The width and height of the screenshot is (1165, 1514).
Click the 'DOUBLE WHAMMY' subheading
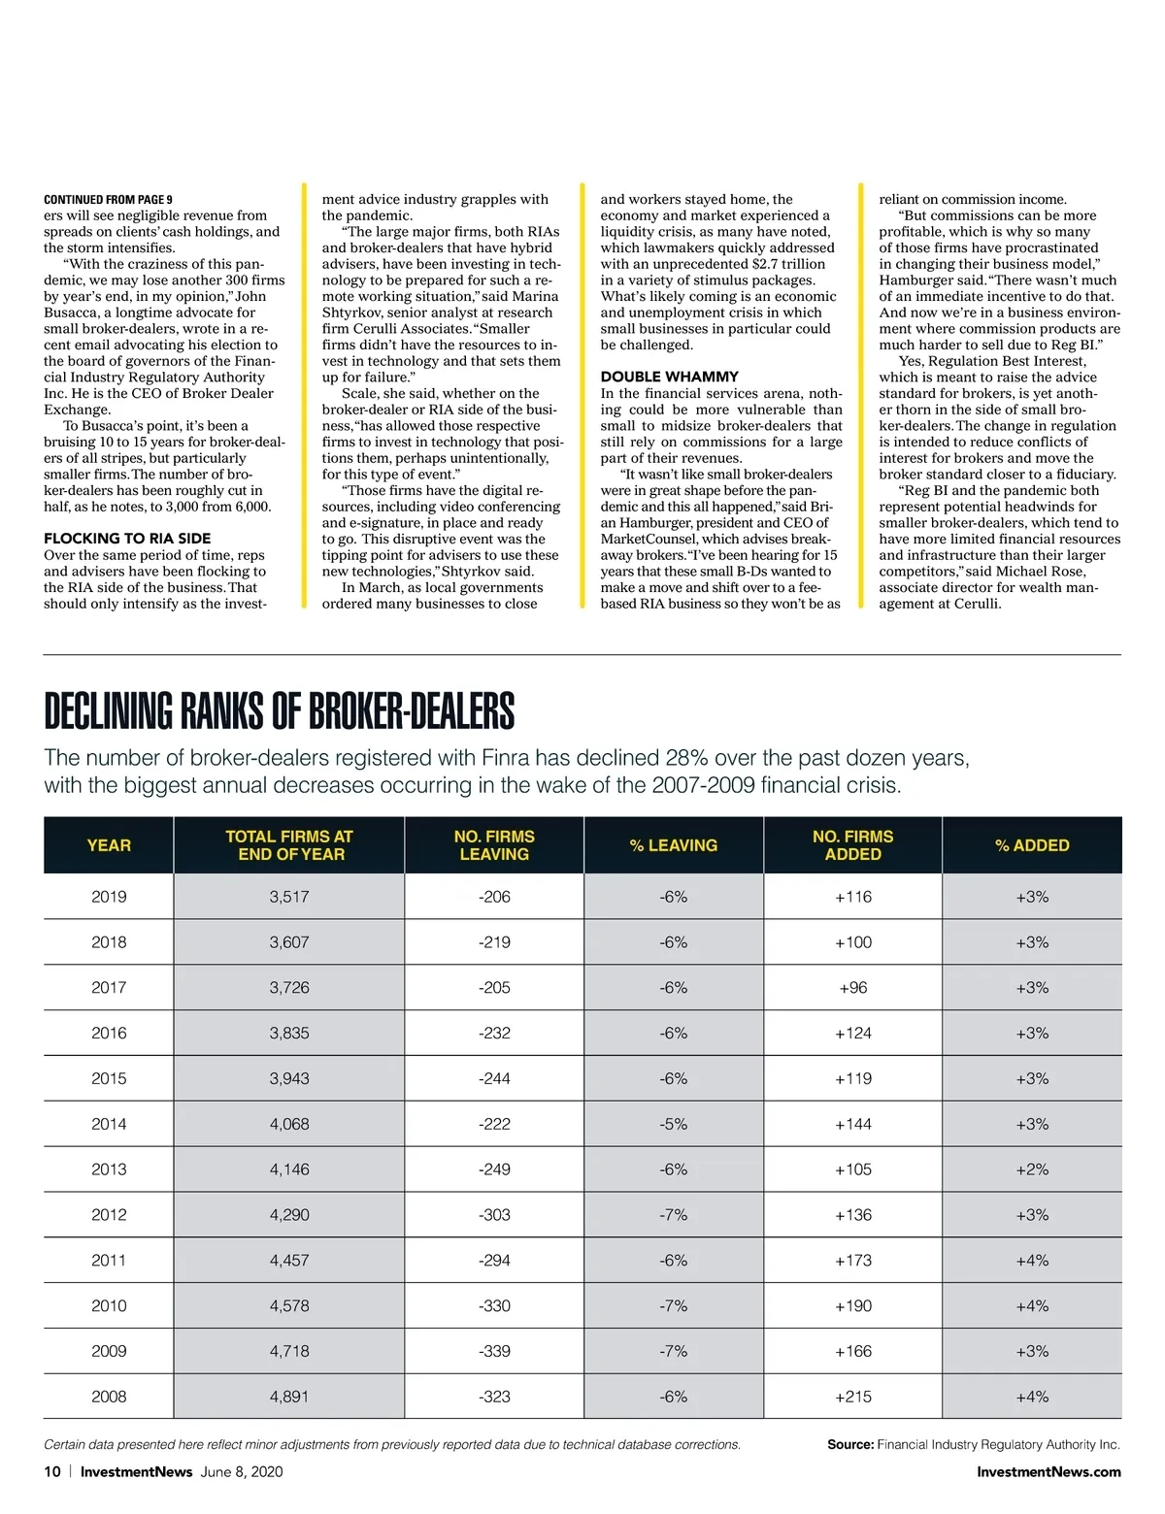pyautogui.click(x=669, y=377)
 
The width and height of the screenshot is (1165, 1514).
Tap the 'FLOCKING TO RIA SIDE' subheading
pyautogui.click(x=127, y=539)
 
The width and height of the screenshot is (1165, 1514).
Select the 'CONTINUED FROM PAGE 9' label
pyautogui.click(x=108, y=200)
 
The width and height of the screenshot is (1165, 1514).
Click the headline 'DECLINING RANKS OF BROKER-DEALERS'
pyautogui.click(x=280, y=712)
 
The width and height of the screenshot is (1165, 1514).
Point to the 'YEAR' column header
pyautogui.click(x=109, y=845)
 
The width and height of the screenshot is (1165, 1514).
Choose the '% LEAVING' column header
pyautogui.click(x=674, y=845)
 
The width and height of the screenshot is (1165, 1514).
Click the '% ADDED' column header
pyautogui.click(x=1032, y=845)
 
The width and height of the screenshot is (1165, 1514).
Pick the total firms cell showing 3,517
pyautogui.click(x=289, y=897)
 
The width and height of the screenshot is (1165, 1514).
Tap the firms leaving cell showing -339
pyautogui.click(x=494, y=1351)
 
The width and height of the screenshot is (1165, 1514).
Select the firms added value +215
pyautogui.click(x=853, y=1397)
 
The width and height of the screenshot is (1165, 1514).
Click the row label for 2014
pyautogui.click(x=109, y=1124)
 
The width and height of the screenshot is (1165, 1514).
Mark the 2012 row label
pyautogui.click(x=109, y=1215)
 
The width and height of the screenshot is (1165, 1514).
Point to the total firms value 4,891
pyautogui.click(x=289, y=1397)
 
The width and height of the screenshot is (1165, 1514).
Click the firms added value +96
pyautogui.click(x=853, y=988)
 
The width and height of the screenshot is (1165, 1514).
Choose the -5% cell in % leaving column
pyautogui.click(x=674, y=1124)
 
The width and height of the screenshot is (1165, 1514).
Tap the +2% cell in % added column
pyautogui.click(x=1032, y=1169)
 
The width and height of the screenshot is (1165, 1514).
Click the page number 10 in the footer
pyautogui.click(x=52, y=1471)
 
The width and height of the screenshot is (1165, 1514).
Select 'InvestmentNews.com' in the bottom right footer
pyautogui.click(x=1048, y=1471)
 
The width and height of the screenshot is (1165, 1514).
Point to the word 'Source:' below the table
pyautogui.click(x=850, y=1444)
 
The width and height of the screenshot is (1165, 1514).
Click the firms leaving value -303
pyautogui.click(x=494, y=1215)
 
